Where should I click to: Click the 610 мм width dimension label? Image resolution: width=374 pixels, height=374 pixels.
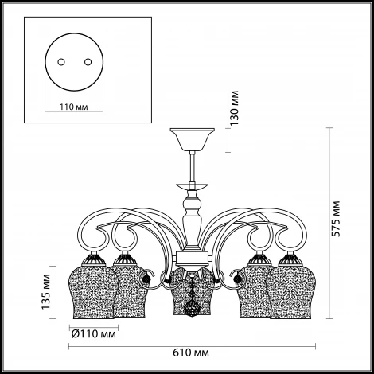pos(191,353)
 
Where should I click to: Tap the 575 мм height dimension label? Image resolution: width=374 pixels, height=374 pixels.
pos(336,219)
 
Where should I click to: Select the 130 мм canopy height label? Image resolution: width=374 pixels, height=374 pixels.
pos(234,108)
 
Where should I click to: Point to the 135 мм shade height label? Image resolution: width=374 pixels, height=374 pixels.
pos(45,292)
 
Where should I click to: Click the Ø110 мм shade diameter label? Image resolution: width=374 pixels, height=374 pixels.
pos(94,334)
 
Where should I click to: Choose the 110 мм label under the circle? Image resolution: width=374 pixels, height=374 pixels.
pos(74,107)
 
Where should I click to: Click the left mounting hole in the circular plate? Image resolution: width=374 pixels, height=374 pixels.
pos(61,62)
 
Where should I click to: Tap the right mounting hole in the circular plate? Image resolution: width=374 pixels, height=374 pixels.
pos(88,62)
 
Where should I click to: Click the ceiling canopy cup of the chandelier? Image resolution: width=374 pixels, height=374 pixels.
pos(193,139)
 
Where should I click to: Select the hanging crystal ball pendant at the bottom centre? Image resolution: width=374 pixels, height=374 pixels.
pos(192,308)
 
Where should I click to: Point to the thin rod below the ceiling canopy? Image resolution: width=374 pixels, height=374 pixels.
pos(193,166)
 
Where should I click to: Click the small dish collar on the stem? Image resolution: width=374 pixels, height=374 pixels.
pos(193,185)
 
